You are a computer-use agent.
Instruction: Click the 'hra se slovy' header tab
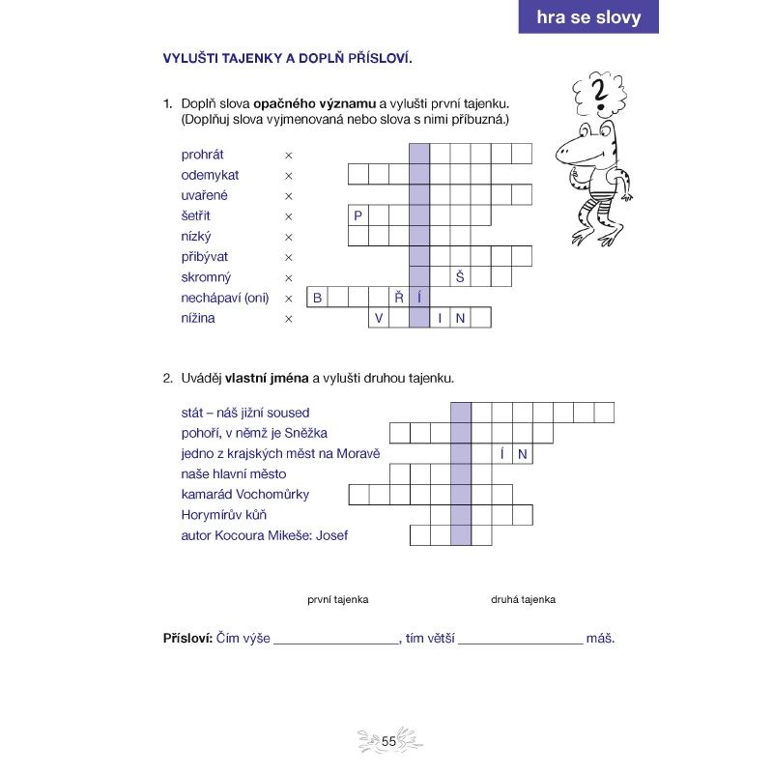(x=588, y=17)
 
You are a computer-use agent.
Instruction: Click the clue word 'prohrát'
(x=202, y=155)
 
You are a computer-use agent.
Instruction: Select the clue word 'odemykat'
(x=210, y=175)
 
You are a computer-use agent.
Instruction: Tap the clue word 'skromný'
(x=205, y=277)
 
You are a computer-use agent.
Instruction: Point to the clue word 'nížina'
(x=198, y=318)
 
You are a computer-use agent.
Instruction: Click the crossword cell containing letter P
(x=358, y=215)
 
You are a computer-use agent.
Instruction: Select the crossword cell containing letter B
(x=317, y=298)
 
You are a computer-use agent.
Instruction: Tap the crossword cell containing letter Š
(x=461, y=277)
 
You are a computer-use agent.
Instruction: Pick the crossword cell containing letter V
(x=379, y=318)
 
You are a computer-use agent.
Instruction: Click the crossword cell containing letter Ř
(x=399, y=298)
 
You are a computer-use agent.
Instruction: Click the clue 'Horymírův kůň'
(x=223, y=515)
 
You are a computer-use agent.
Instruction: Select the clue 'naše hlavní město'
(x=234, y=474)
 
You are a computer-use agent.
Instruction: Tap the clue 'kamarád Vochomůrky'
(x=245, y=495)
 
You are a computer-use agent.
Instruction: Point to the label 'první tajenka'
(x=338, y=599)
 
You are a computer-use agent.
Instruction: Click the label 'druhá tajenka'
(x=523, y=599)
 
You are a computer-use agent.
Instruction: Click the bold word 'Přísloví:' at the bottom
(x=186, y=638)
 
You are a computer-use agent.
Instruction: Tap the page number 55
(x=389, y=741)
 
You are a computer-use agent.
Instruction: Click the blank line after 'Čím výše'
(x=336, y=640)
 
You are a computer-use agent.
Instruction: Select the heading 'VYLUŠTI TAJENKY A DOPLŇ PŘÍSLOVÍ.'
(x=288, y=58)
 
